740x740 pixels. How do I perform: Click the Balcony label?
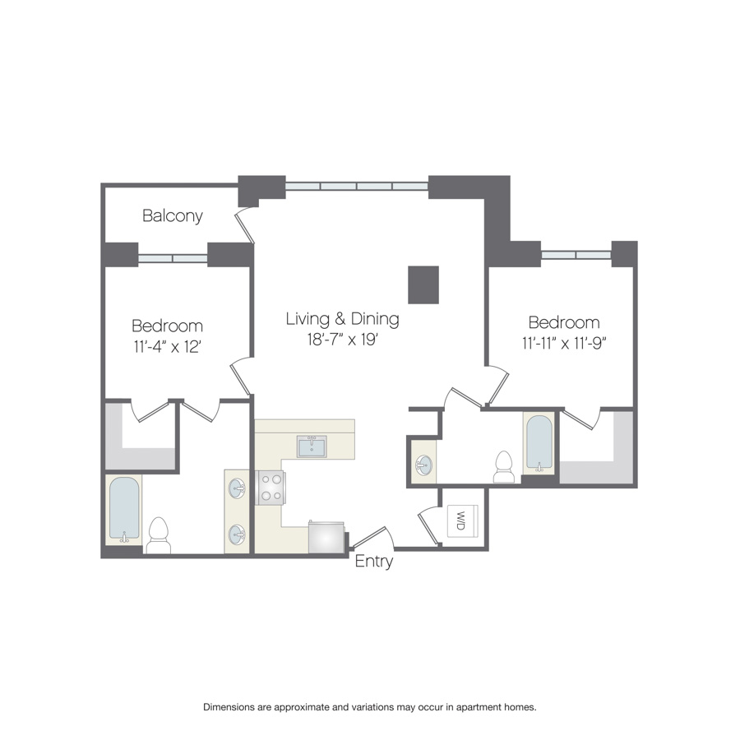173,215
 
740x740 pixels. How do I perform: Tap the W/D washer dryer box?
462,520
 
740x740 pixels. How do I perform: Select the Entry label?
374,561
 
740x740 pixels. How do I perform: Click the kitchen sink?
312,446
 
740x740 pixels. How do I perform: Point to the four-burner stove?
271,488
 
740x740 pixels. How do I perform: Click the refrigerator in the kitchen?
326,537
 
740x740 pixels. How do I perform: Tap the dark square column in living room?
423,284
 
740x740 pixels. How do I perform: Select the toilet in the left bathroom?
158,535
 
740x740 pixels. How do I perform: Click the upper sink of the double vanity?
237,488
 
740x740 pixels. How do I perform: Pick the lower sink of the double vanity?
237,534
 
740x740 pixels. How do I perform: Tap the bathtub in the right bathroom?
539,442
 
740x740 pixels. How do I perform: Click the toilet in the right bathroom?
503,467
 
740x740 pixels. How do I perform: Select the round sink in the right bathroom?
423,465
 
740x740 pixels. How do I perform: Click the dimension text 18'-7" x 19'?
343,339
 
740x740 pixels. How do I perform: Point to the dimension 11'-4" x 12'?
168,346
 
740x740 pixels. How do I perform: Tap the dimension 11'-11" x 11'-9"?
563,343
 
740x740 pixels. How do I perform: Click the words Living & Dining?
343,318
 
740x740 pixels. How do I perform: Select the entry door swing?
372,536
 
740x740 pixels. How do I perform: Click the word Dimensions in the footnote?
229,707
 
